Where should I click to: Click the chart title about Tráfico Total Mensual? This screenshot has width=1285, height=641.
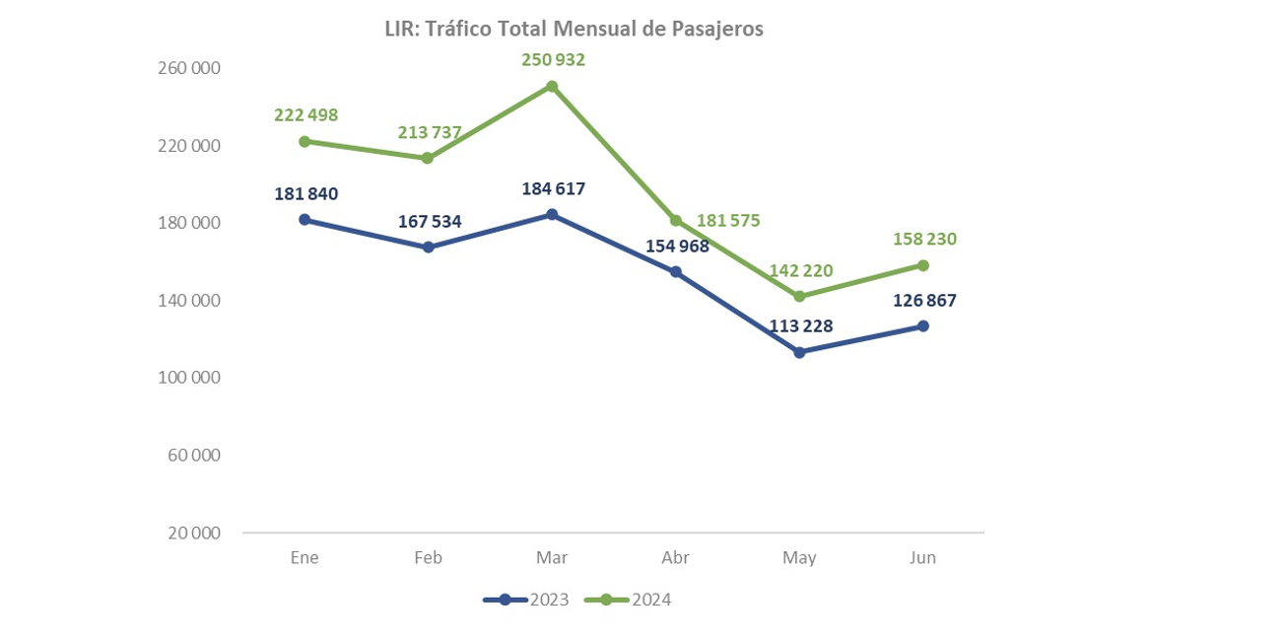[574, 30]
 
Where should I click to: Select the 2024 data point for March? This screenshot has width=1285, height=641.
[552, 87]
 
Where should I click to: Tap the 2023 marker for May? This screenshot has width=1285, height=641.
[799, 352]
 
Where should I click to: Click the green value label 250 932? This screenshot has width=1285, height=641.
[553, 60]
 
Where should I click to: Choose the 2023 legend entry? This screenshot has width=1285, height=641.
[527, 600]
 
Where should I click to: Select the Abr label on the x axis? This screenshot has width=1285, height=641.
[675, 558]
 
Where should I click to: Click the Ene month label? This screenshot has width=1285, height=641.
[304, 558]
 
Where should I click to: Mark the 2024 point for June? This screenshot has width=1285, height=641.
[923, 265]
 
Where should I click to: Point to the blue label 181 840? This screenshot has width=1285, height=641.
[305, 194]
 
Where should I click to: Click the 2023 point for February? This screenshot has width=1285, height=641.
[428, 248]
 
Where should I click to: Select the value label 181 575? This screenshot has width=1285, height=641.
[728, 221]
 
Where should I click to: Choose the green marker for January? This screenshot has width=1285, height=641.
[304, 141]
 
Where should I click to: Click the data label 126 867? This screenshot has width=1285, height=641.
[923, 301]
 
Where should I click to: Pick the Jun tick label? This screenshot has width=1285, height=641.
[922, 558]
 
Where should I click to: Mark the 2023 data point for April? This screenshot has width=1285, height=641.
[676, 272]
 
